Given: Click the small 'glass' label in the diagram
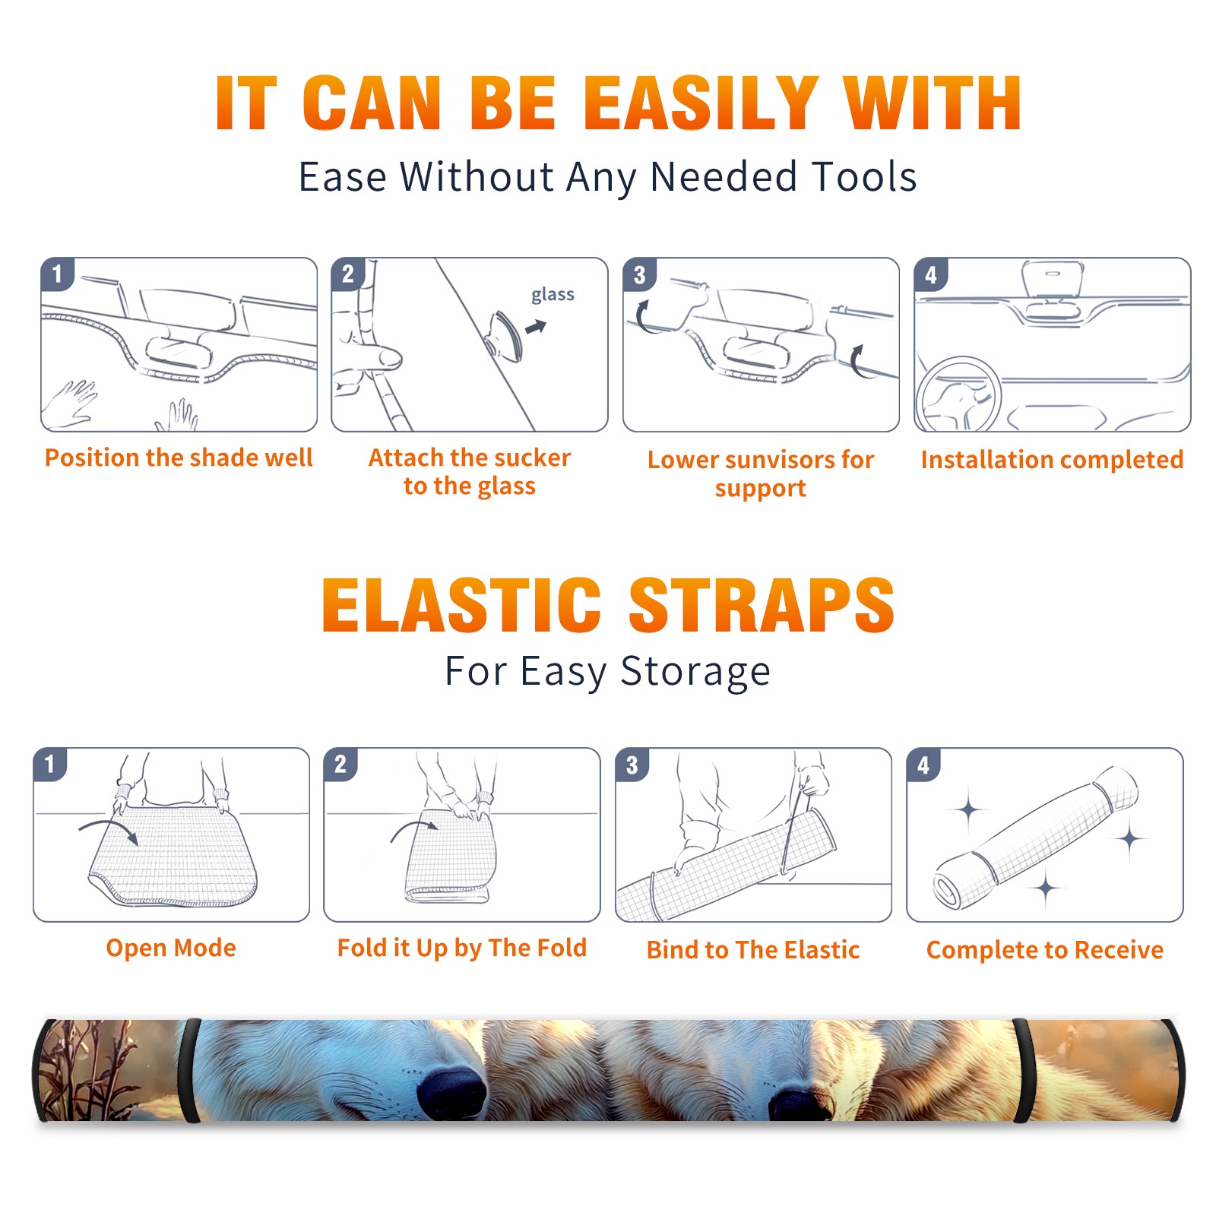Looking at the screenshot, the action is click(553, 295).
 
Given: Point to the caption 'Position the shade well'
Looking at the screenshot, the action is click(179, 458).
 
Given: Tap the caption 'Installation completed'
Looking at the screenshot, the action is click(1052, 460).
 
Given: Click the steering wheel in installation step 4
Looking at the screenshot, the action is click(958, 395).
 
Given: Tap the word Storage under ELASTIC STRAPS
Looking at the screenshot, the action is click(695, 672).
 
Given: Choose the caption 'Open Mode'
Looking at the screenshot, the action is click(171, 948).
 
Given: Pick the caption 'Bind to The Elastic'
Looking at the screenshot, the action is click(753, 950).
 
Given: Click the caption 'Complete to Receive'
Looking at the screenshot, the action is click(1045, 950).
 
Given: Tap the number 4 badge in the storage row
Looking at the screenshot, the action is click(923, 765).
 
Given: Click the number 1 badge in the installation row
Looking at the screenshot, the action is click(58, 274).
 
